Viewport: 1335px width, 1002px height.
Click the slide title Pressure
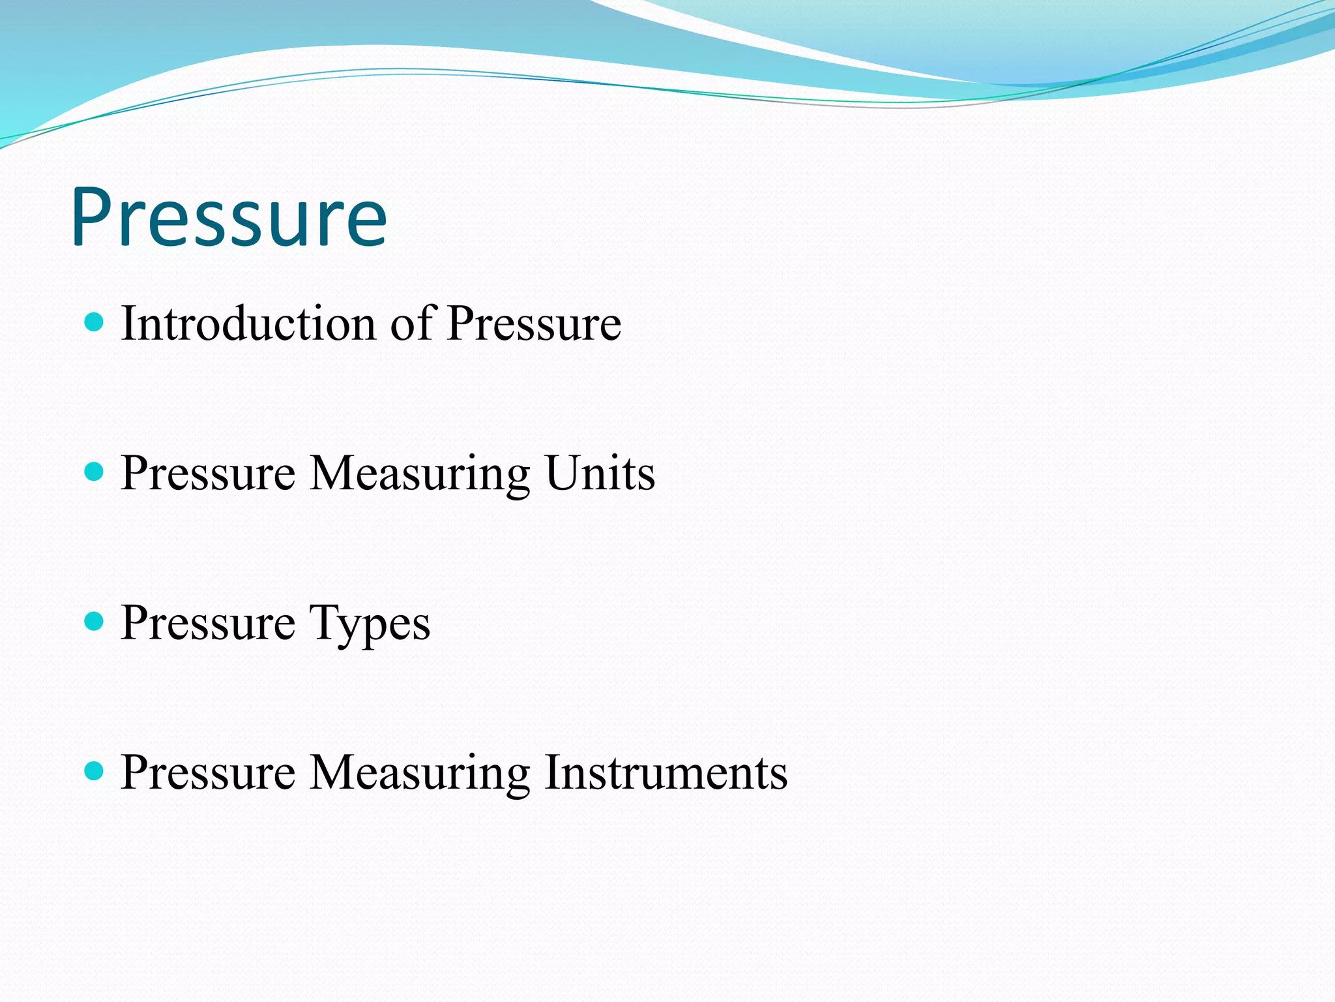coord(229,217)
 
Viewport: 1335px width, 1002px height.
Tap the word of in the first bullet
coord(412,323)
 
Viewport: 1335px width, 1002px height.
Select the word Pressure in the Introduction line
coord(534,323)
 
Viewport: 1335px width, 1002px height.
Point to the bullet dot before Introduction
coord(95,322)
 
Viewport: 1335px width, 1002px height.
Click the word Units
coord(600,472)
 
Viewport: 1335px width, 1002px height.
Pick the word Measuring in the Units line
coord(420,474)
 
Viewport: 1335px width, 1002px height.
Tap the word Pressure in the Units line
coord(208,472)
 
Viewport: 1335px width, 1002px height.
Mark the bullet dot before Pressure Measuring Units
coord(95,472)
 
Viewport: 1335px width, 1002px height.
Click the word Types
coord(370,623)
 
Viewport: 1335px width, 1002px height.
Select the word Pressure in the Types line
coord(208,622)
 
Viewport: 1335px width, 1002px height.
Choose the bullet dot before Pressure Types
coord(95,621)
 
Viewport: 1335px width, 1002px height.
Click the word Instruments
coord(666,772)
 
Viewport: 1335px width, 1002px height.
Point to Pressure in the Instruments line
coord(208,772)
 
